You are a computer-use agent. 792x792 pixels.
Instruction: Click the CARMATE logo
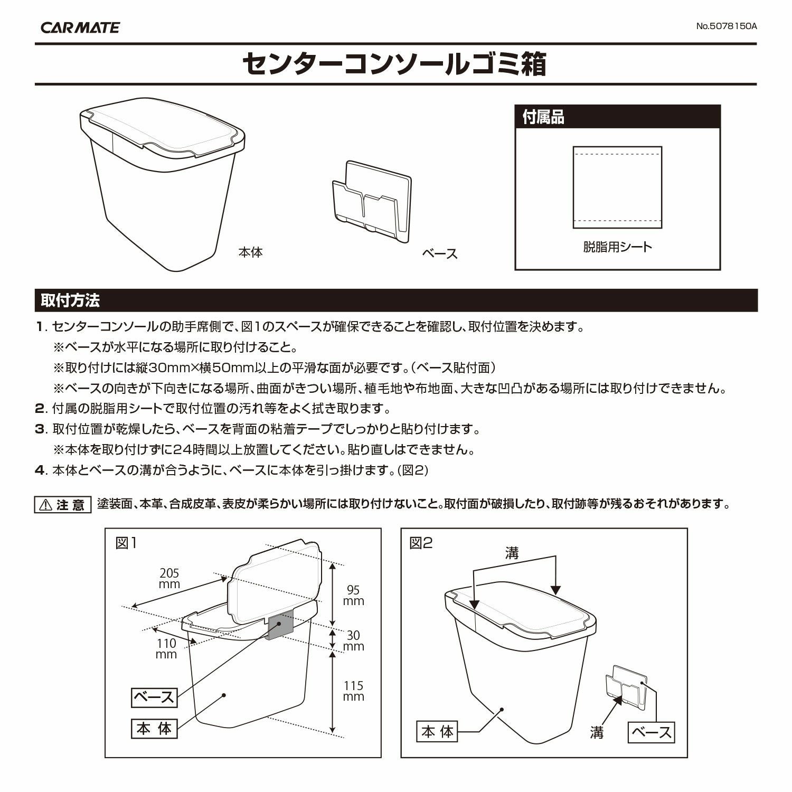coord(80,27)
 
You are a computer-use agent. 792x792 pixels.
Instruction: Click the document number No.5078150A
coord(726,26)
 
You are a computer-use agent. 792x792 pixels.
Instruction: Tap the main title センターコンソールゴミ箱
coord(395,64)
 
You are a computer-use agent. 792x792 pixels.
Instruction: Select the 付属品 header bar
coord(617,117)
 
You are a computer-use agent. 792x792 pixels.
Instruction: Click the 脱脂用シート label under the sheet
coord(617,247)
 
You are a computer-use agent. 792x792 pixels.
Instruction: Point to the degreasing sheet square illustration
coord(617,187)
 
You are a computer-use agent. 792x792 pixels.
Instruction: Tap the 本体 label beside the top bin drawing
coord(250,252)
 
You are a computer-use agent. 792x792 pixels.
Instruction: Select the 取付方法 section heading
coord(70,301)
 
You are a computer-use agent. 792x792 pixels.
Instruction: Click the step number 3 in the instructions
coord(40,429)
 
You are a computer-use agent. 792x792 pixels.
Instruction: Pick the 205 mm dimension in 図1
coord(169,579)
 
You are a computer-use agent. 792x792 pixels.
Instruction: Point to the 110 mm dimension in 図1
coord(166,649)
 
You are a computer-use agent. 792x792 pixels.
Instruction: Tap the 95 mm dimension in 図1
coord(353,596)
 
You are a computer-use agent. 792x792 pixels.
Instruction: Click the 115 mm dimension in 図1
coord(353,691)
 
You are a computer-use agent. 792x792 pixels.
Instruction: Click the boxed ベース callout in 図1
coord(154,697)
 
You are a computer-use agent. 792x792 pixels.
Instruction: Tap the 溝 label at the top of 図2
coord(512,553)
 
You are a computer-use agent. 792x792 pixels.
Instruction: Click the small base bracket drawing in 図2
coord(626,687)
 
